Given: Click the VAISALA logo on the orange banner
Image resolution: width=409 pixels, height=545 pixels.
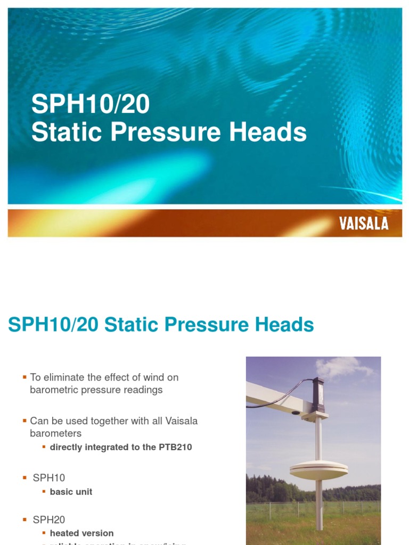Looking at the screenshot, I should [x=364, y=223].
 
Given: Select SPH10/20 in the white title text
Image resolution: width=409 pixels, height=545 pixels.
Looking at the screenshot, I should [x=90, y=105].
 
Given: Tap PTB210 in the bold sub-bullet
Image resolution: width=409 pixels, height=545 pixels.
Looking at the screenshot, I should [x=175, y=447].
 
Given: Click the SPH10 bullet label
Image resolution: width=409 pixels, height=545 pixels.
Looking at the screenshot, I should [x=49, y=478].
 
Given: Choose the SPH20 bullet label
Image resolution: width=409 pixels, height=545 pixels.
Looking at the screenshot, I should [x=49, y=519].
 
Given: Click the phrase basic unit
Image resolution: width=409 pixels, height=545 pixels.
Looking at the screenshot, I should [x=71, y=492].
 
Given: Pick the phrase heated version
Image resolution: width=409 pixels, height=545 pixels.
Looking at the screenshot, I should [x=81, y=533].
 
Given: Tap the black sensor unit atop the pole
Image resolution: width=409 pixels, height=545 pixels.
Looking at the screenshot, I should [x=318, y=393].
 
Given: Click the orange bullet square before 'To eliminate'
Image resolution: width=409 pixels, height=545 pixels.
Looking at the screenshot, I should [x=24, y=377].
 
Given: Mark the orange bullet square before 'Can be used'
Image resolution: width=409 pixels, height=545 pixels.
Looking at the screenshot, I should [x=24, y=421].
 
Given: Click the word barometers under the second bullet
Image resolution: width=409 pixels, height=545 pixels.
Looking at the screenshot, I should [x=55, y=433].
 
